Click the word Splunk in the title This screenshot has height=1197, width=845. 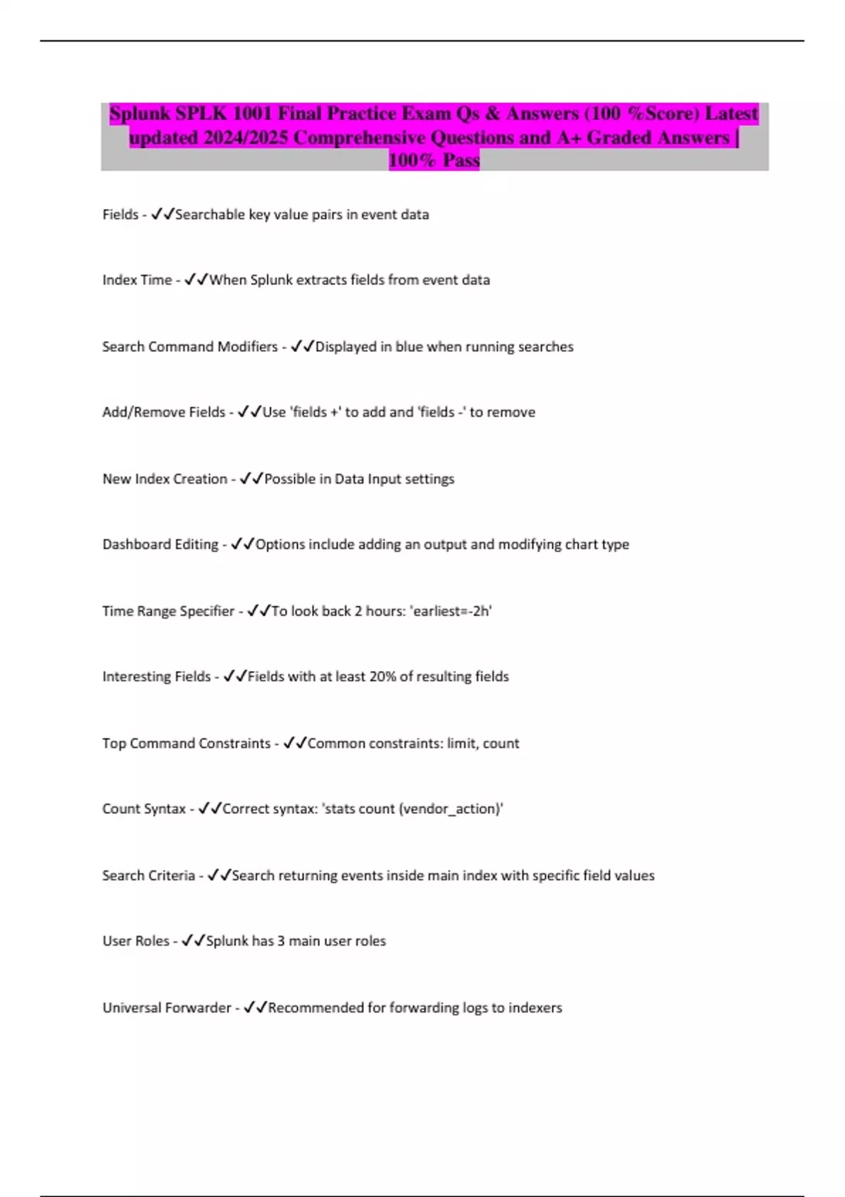[139, 113]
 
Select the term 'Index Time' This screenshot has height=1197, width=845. [137, 280]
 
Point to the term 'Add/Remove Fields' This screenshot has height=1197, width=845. [163, 412]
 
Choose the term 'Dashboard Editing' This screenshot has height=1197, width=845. [161, 544]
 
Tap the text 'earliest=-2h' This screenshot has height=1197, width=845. [451, 611]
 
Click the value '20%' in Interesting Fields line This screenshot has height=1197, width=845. [382, 677]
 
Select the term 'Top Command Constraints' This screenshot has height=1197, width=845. [186, 744]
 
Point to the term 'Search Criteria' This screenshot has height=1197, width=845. [148, 875]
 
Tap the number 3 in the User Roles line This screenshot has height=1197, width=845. [281, 941]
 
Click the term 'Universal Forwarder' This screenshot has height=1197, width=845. [166, 1008]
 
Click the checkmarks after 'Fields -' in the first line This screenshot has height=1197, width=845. [163, 214]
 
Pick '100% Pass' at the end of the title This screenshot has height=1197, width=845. [434, 161]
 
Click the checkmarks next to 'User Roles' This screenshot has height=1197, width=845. [193, 941]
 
